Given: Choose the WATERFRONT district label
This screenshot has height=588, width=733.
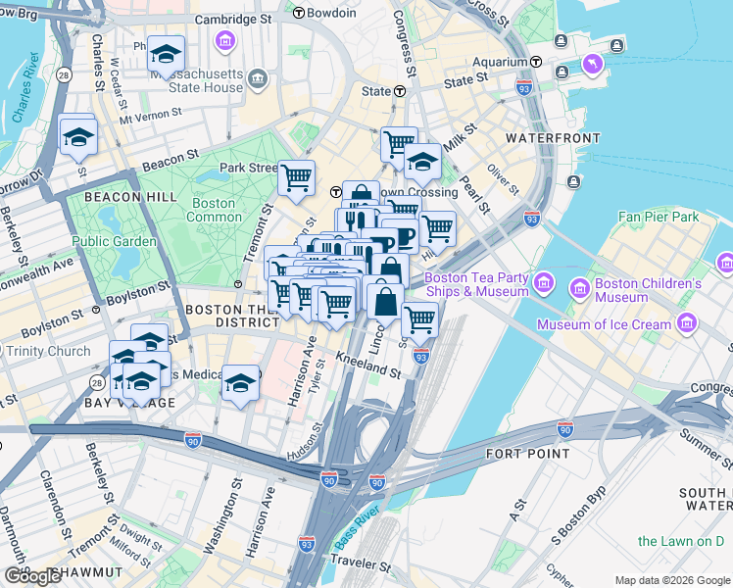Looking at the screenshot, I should click(x=553, y=138).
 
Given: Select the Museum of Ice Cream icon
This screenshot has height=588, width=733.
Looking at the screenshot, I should click(x=687, y=323).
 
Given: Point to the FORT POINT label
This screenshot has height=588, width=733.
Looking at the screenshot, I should click(x=527, y=454).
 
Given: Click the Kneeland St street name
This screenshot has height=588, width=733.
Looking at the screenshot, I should click(x=369, y=367).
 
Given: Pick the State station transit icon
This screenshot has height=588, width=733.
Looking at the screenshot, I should click(x=400, y=91).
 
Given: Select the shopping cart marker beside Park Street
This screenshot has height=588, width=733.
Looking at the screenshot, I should click(x=296, y=178).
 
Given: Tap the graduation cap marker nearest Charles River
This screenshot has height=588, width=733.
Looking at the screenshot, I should click(x=77, y=136).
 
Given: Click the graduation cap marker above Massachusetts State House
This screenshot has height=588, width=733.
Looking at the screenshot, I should click(x=166, y=52).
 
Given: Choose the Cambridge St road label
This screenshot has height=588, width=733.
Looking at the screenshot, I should click(x=232, y=19).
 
